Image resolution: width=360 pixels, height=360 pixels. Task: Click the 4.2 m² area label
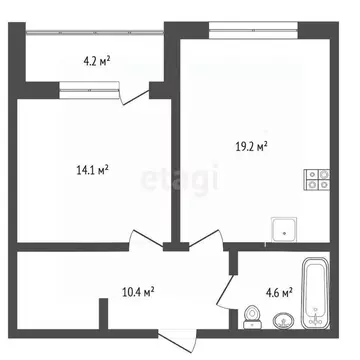pyautogui.click(x=97, y=60)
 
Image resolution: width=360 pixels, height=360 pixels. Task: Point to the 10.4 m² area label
pyautogui.click(x=137, y=292)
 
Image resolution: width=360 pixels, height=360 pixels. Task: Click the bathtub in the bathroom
pyautogui.click(x=316, y=296)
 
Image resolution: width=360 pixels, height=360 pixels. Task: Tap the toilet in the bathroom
pyautogui.click(x=252, y=317)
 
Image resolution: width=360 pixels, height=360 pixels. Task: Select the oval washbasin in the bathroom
pyautogui.click(x=283, y=322)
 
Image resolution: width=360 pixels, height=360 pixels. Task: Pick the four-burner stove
pyautogui.click(x=318, y=181)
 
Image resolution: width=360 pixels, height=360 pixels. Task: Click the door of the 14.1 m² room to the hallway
pyautogui.click(x=144, y=240)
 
